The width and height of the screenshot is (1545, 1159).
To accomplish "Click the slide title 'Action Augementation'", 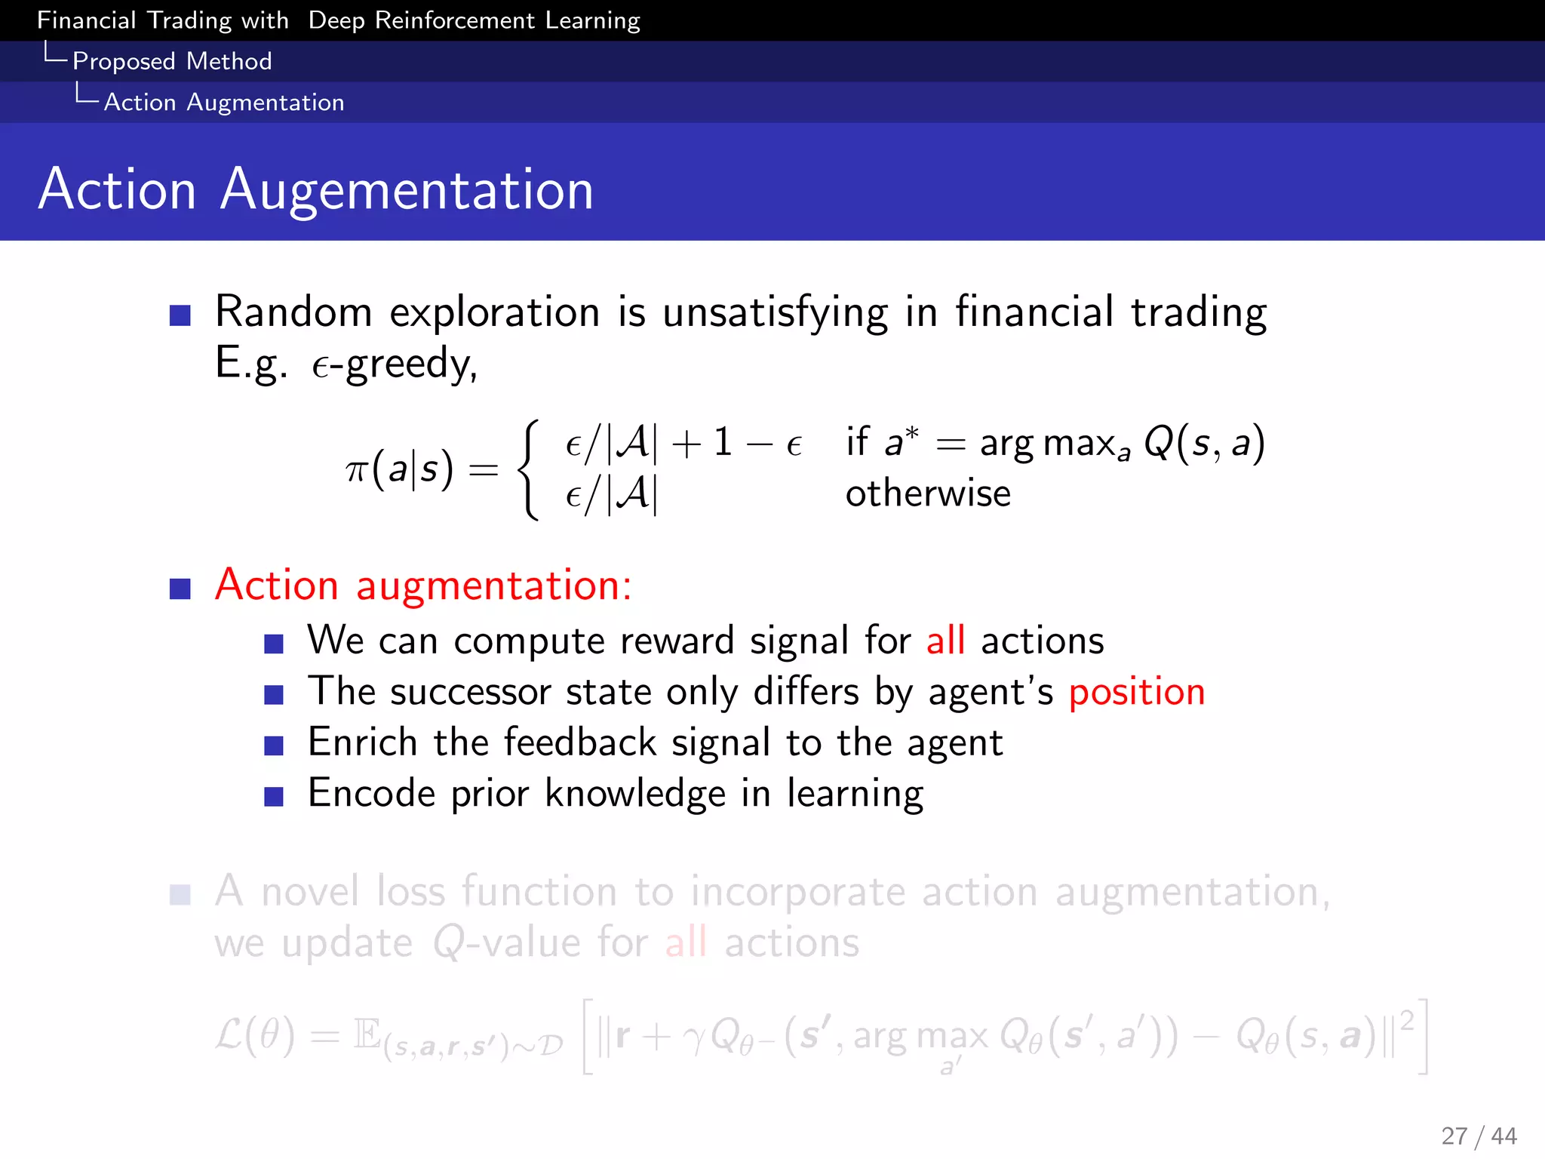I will pos(316,189).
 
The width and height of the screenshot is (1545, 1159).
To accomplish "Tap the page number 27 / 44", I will pos(1478,1135).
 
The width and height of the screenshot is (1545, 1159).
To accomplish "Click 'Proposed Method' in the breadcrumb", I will pos(172,61).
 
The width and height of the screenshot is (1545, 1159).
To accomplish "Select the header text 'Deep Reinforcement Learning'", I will pos(474,20).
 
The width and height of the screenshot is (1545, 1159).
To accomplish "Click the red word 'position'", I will pos(1137,693).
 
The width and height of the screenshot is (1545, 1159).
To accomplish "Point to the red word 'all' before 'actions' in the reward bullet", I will pos(945,641).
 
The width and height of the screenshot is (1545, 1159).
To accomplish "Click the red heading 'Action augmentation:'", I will pos(423,585).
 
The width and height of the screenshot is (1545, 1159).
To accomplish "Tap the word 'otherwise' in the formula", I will pos(927,493).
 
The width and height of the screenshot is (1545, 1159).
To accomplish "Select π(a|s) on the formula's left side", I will pos(399,469).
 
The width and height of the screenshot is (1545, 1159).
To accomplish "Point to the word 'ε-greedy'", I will pos(395,364).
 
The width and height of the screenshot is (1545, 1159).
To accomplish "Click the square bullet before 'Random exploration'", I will pos(180,315).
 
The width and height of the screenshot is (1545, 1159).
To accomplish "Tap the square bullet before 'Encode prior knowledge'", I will pos(274,796).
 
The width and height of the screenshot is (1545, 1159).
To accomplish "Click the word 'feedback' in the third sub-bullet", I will pos(579,742).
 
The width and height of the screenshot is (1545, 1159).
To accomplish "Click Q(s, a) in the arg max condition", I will pos(1203,443).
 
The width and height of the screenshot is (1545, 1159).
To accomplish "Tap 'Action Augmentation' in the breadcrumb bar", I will pos(223,102).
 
